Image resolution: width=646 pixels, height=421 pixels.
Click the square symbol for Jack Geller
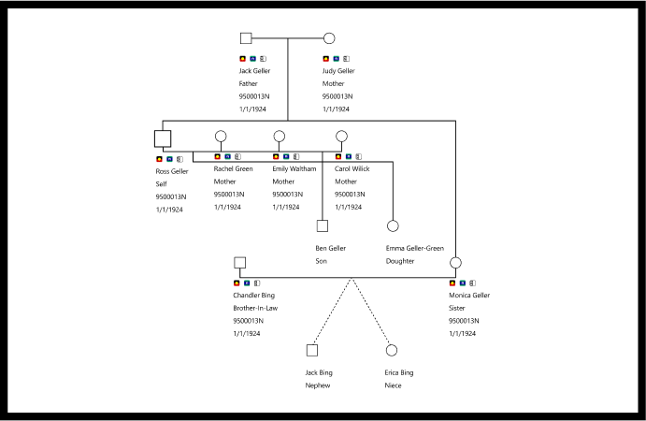246,38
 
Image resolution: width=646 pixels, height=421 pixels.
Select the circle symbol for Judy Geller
329,38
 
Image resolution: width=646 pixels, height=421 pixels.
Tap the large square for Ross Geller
163,138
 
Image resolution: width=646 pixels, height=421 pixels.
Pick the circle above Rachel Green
221,137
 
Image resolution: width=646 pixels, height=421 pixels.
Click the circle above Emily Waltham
279,137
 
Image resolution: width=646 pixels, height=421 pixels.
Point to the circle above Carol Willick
341,137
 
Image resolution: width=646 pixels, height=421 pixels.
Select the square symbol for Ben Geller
322,225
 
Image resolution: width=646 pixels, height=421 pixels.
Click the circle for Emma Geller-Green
393,225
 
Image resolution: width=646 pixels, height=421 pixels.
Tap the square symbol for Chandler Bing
239,263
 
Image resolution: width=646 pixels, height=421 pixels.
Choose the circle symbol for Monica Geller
455,263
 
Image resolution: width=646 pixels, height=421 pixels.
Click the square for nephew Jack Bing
312,350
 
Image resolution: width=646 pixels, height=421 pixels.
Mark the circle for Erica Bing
392,350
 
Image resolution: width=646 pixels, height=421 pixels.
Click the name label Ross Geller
172,171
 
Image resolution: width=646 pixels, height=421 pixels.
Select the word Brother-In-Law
254,308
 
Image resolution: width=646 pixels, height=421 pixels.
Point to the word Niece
394,385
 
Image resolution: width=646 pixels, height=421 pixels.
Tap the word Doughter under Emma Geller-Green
400,261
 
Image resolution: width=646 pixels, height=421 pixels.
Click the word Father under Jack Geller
248,83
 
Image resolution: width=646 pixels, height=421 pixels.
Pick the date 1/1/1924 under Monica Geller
463,333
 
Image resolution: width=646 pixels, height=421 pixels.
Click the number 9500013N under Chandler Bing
248,321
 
